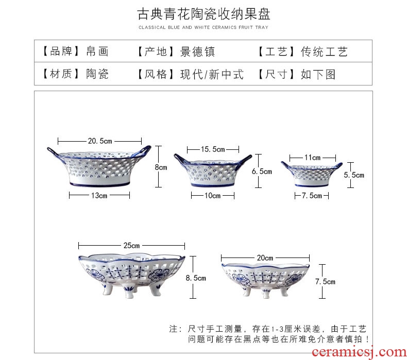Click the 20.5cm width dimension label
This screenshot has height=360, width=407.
click(x=100, y=141)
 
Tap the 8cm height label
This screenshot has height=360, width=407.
click(x=161, y=167)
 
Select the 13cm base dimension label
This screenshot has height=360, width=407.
click(x=99, y=195)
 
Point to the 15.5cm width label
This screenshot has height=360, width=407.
click(x=213, y=149)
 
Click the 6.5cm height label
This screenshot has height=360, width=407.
click(x=262, y=172)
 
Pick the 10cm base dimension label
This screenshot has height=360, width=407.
click(x=212, y=195)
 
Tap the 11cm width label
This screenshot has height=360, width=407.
click(x=313, y=158)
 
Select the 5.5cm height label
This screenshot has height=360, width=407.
click(x=354, y=175)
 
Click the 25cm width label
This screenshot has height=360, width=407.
click(x=131, y=245)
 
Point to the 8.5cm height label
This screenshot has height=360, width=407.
click(x=196, y=278)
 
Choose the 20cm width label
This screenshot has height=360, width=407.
click(x=265, y=258)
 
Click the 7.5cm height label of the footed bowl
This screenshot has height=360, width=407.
click(x=325, y=282)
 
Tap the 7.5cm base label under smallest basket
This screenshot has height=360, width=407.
click(x=312, y=195)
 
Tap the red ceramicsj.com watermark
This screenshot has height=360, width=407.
click(x=359, y=352)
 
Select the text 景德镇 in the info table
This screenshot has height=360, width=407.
click(x=197, y=52)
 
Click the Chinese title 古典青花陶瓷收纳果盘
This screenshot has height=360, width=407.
click(x=204, y=14)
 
